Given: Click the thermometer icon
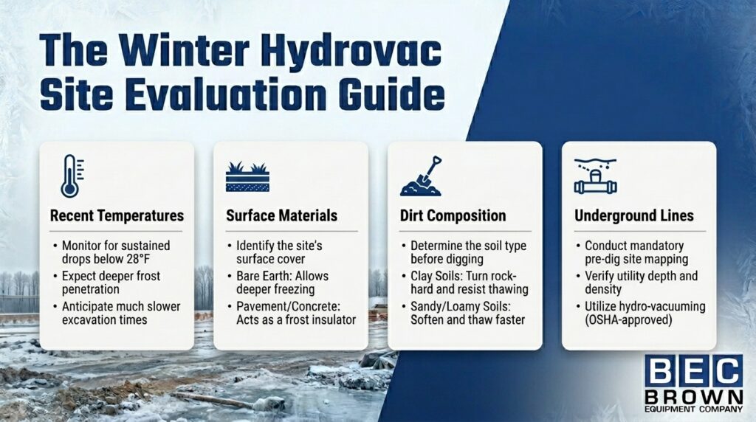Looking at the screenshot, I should pos(69,176).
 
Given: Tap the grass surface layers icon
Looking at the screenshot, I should pos(247,179).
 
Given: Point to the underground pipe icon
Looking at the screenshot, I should pos(595,178).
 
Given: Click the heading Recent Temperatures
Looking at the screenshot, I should pos(117,216).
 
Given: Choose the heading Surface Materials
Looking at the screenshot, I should pos(282,216).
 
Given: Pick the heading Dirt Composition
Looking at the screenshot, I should pos(453,216).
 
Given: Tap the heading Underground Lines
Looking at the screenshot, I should pos(634,216).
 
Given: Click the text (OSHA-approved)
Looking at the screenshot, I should pos(619,320).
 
